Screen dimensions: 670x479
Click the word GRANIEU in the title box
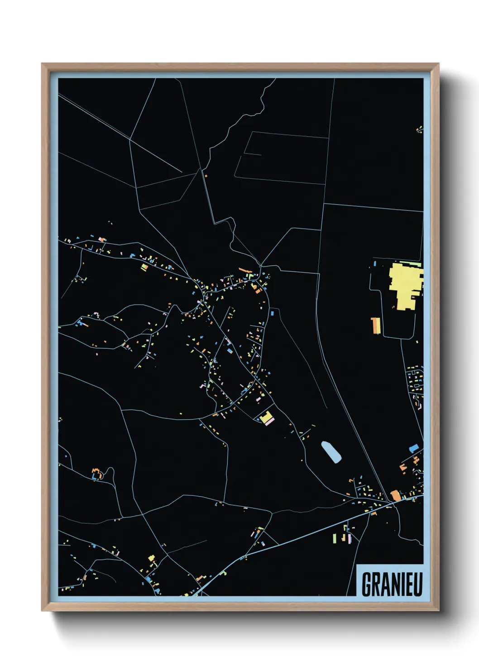[392, 584]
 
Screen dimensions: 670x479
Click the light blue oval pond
[331, 452]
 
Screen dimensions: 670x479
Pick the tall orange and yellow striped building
[375, 325]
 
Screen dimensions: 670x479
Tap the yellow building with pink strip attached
[266, 418]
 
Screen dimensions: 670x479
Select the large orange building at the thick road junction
[396, 495]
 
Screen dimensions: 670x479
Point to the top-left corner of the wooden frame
[42, 64]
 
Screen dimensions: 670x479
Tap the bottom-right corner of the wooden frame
[438, 610]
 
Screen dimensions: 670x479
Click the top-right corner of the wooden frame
[438, 64]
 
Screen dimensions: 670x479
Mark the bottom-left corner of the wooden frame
[42, 610]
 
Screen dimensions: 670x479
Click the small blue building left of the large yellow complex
[375, 263]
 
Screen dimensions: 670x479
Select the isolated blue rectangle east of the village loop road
[272, 313]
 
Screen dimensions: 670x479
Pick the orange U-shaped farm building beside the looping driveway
[96, 473]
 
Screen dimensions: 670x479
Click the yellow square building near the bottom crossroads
[152, 558]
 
